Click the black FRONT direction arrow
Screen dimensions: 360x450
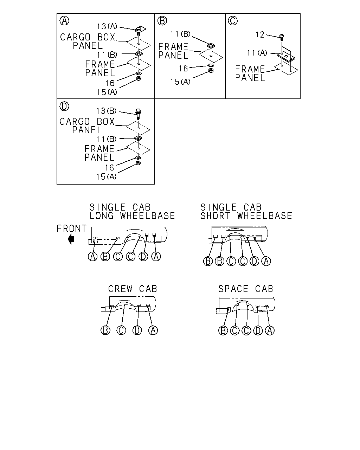[x=71, y=239]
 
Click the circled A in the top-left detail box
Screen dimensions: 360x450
[x=64, y=21]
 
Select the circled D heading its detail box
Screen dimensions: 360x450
[x=64, y=106]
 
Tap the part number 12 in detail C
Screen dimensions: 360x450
[x=260, y=35]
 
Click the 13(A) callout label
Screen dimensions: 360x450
[x=107, y=26]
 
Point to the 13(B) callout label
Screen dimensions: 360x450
[x=106, y=111]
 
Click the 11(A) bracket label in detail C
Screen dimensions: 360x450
[x=257, y=53]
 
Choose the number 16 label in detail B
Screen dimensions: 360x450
[x=183, y=69]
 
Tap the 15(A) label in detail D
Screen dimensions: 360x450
[x=106, y=177]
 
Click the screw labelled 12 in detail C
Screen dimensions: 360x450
[x=282, y=37]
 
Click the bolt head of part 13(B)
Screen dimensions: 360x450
[x=138, y=111]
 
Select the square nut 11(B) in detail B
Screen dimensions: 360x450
[x=211, y=45]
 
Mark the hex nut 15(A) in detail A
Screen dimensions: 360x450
[x=139, y=78]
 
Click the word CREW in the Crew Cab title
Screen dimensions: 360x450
[x=120, y=289]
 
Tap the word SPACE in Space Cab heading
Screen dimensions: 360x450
[x=233, y=289]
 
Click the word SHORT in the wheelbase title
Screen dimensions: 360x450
[x=215, y=216]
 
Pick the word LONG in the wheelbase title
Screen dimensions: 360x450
[x=102, y=216]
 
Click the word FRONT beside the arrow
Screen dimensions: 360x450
[x=71, y=229]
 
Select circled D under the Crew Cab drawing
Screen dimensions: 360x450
[x=137, y=330]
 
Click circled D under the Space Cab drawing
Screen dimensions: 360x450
[x=258, y=330]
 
